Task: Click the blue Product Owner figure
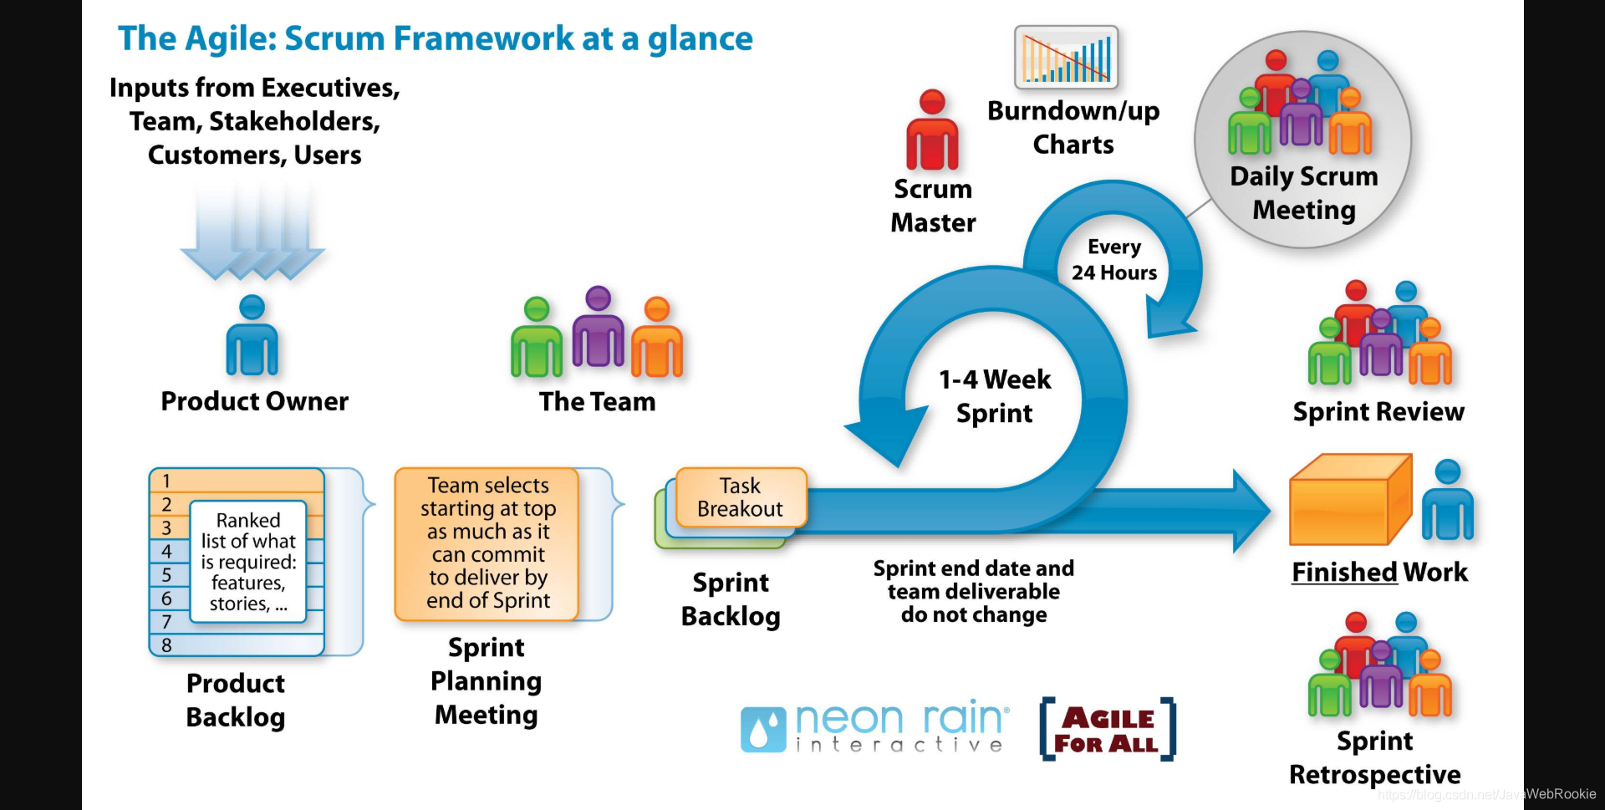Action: point(252,336)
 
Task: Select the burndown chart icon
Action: point(1066,57)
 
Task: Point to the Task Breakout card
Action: point(740,497)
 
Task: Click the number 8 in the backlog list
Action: point(166,645)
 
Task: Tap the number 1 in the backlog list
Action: point(166,481)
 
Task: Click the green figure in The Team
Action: point(536,338)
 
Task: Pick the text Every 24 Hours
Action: point(1114,260)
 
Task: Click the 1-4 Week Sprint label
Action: point(995,396)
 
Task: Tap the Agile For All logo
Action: point(1107,730)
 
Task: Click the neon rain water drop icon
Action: point(762,730)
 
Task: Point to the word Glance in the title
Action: point(700,38)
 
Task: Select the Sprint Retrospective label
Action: point(1375,757)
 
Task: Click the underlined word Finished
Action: point(1344,572)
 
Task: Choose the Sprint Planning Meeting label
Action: point(487,681)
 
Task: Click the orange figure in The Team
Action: point(657,338)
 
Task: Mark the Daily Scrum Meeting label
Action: point(1304,193)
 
